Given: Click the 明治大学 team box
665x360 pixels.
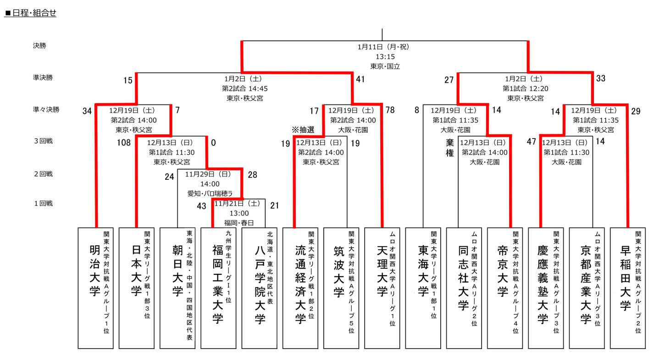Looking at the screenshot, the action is [95, 288].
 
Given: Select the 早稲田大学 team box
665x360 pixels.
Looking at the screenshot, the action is [627, 288].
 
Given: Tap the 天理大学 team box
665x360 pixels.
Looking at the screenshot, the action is [382, 288].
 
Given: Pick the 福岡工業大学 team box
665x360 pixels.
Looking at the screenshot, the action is [218, 288].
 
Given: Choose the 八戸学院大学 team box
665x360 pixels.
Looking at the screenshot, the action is [259, 288].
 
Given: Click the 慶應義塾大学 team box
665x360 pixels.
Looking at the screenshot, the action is [546, 288].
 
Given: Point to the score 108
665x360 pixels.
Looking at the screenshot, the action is [124, 143].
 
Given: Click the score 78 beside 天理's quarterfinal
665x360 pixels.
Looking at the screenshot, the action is [390, 110].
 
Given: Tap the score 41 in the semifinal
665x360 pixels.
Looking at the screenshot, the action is [360, 79].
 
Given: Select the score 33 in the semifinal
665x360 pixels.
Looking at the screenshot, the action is [601, 78].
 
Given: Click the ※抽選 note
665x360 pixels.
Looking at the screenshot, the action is [303, 130].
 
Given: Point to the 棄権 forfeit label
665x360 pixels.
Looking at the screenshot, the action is [450, 148].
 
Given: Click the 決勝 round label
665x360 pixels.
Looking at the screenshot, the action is [39, 46].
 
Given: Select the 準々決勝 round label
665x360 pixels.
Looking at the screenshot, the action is [46, 110].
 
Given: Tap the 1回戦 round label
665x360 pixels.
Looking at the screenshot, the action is [44, 203].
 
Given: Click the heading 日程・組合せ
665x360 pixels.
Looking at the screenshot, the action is [31, 13].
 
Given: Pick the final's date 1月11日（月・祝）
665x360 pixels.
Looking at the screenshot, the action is [383, 47].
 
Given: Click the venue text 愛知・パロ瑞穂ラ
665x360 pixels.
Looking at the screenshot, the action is [210, 194].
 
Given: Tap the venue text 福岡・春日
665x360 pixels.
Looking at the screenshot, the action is [239, 222].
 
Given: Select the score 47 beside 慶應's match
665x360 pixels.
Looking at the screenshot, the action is [531, 142].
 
